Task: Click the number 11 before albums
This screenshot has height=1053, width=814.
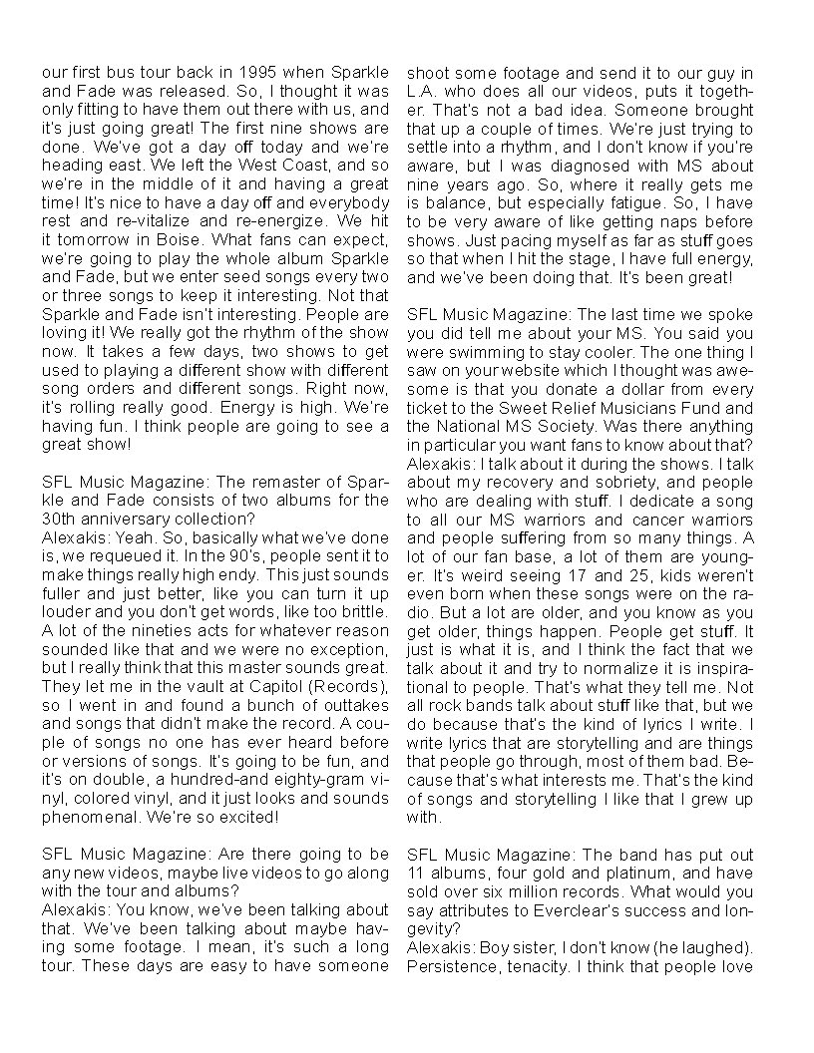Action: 417,875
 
